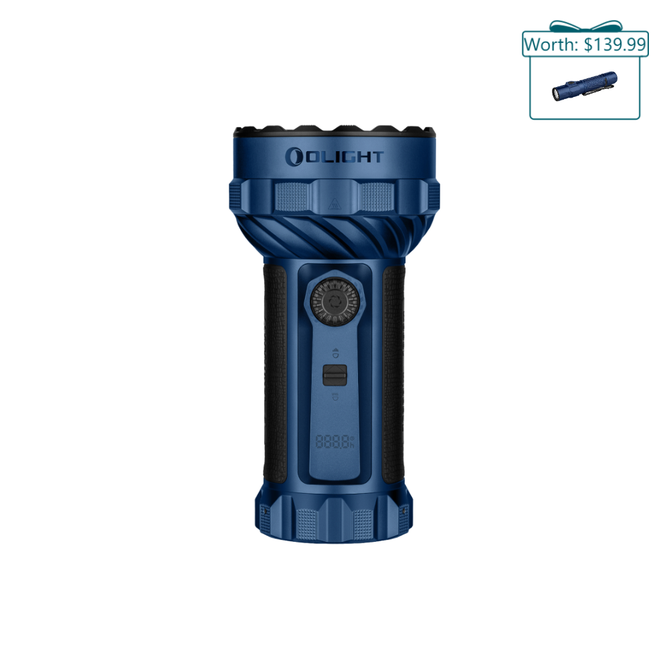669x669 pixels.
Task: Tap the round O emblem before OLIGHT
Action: [x=293, y=157]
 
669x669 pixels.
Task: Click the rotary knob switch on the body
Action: [x=334, y=302]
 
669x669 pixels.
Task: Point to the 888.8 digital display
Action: [x=335, y=442]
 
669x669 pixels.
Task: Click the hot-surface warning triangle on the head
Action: [x=334, y=203]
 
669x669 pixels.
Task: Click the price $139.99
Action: [x=615, y=44]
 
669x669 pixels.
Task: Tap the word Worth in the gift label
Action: [x=551, y=44]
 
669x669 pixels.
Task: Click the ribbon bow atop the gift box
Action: [x=585, y=26]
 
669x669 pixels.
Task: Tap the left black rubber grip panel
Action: [x=276, y=373]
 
